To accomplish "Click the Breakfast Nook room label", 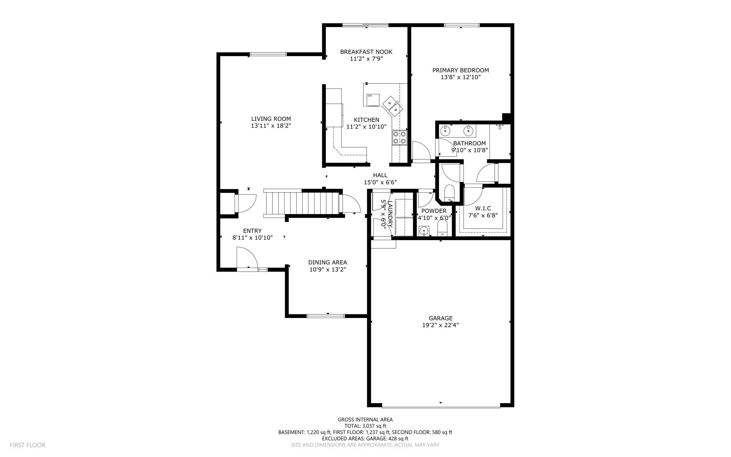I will point(366,52).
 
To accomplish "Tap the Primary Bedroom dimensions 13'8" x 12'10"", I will point(460,77).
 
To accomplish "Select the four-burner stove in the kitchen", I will point(399,138).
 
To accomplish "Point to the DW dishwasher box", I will point(373,100).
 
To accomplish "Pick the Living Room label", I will point(271,119).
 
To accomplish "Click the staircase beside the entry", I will point(302,203).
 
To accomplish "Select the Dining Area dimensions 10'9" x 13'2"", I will point(327,269).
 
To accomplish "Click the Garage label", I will point(440,318).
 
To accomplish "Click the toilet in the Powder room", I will point(442,228).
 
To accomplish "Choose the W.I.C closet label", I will point(483,208).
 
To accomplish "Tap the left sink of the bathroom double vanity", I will point(445,131).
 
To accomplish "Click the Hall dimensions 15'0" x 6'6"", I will point(380,182).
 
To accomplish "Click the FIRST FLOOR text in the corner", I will point(27,445).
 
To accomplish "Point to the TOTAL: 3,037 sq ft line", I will point(365,426).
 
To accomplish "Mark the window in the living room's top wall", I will point(268,54).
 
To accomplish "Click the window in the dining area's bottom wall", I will point(326,316).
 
